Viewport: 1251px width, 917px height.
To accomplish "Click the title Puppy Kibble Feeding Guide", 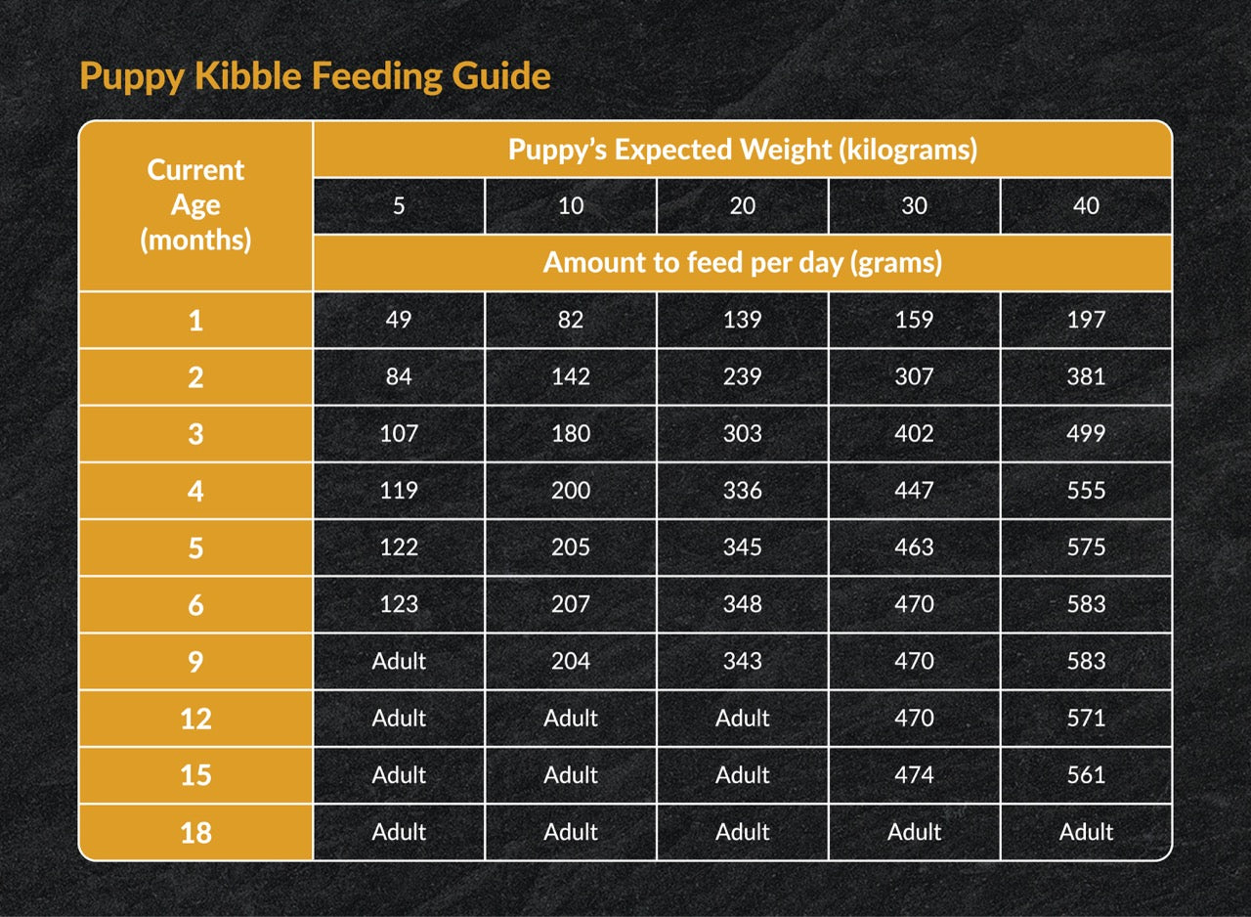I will (315, 75).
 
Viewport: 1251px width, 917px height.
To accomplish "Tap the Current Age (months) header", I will (195, 204).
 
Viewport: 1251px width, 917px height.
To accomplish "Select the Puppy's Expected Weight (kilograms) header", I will (742, 150).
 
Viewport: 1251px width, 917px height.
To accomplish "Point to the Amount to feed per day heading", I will (742, 262).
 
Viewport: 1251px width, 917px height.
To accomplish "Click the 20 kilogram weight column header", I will (742, 205).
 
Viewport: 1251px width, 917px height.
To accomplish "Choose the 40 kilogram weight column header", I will (1086, 205).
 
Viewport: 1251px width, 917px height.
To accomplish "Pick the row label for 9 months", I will (195, 662).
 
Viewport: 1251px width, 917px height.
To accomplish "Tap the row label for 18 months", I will (195, 833).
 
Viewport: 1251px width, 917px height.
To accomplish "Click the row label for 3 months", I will (195, 433).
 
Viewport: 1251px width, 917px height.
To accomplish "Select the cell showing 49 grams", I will (399, 320).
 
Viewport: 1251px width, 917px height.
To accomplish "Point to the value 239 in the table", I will (742, 376).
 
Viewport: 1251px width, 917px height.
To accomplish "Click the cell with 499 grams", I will (1086, 433).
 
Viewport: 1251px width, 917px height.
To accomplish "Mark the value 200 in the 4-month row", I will (571, 490).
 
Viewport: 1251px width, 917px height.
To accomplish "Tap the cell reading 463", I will (914, 546).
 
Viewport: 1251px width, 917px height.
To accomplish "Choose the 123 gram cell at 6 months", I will (399, 604).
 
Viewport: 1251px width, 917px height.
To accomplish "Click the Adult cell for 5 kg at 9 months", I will (399, 662).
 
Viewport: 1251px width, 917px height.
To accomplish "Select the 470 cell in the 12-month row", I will (914, 719).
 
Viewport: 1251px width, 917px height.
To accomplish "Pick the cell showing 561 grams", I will (1086, 775).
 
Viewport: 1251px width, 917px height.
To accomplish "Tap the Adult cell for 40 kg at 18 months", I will (1086, 832).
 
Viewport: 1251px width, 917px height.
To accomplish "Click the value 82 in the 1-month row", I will (571, 320).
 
